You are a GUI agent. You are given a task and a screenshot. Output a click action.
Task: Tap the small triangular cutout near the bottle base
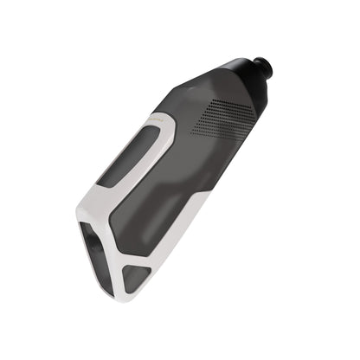pos(137,277)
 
